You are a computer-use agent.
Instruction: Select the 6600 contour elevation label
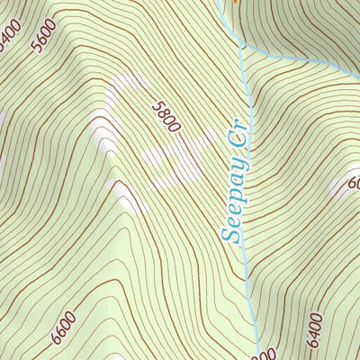pos(63,326)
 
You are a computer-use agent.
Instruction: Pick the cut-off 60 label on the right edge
pos(353,184)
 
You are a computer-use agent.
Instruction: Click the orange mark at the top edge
pos(237,2)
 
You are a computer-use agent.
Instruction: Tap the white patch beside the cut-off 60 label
pos(340,187)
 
